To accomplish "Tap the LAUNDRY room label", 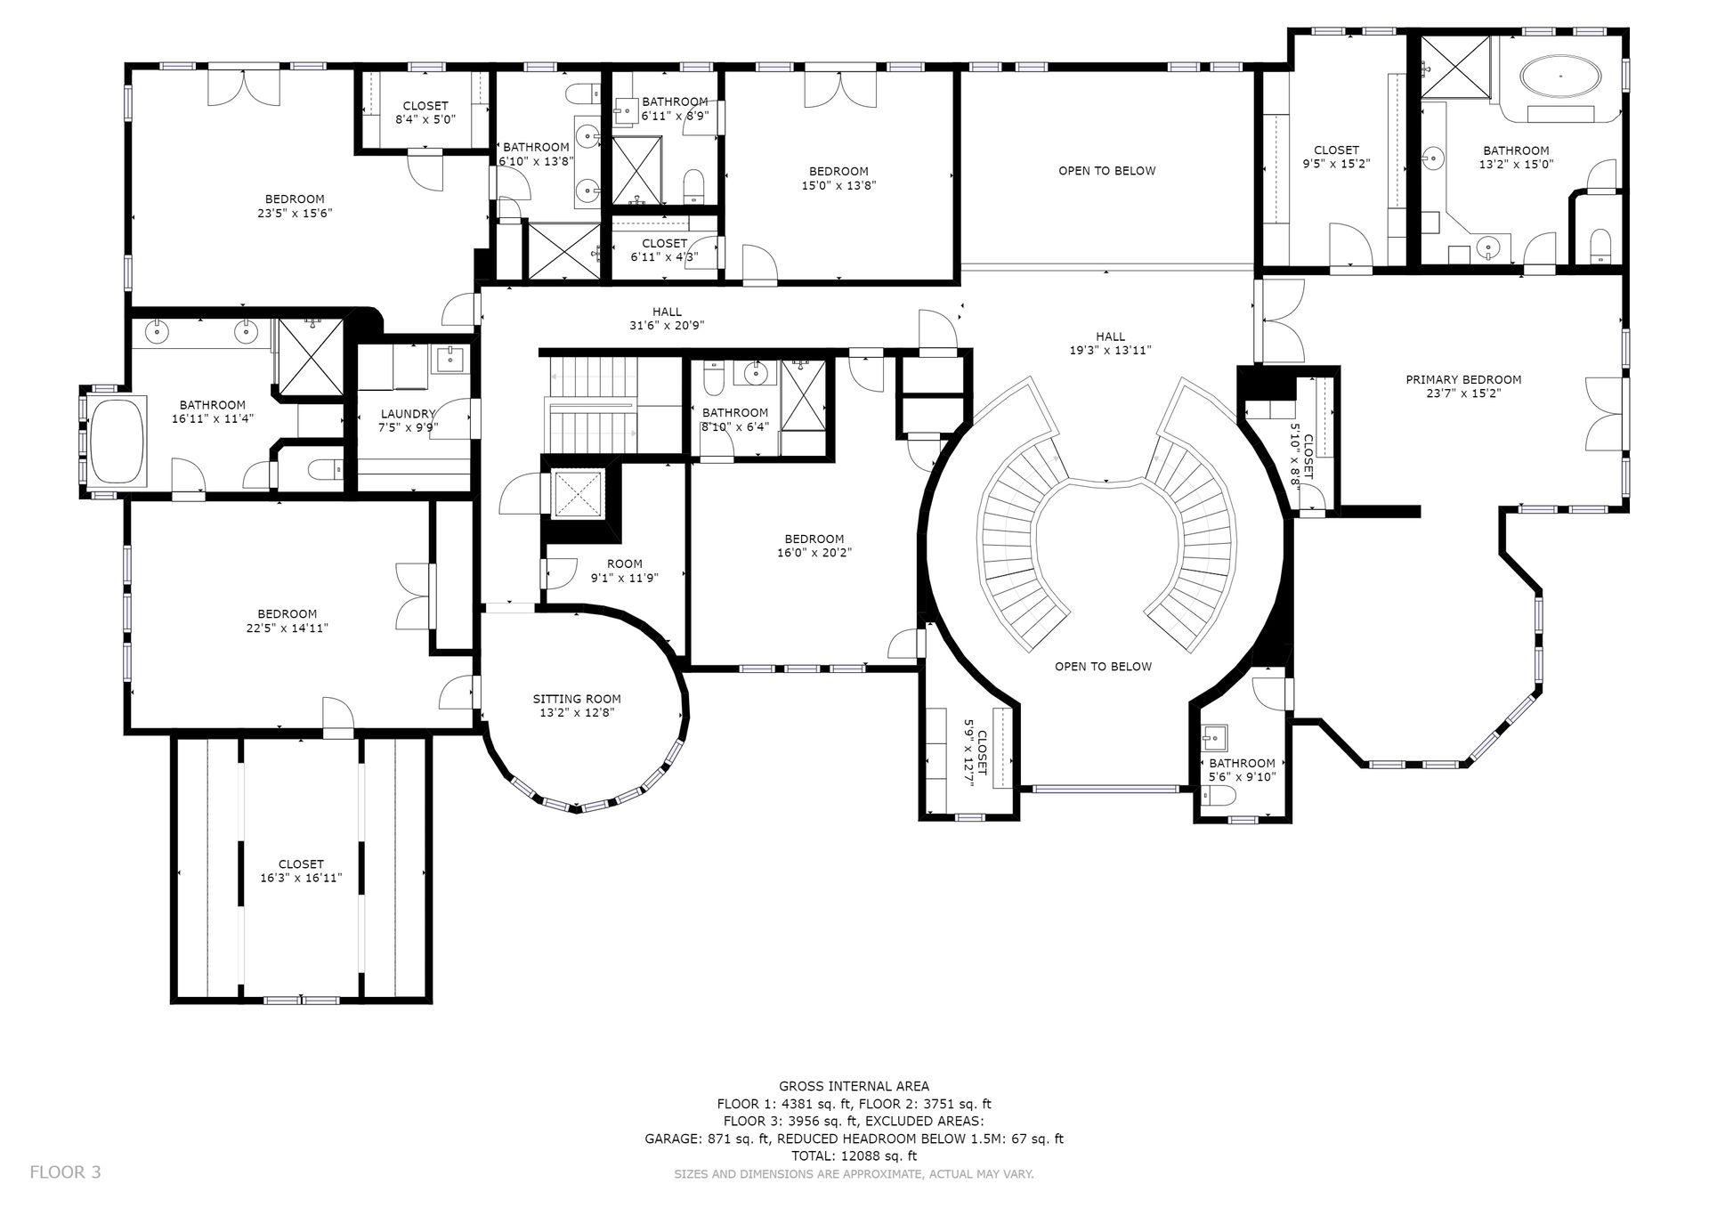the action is pos(408,414).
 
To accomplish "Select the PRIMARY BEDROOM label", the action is pos(1463,379).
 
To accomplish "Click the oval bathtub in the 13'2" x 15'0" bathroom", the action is pos(1560,76).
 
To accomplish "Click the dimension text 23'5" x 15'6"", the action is pos(295,213).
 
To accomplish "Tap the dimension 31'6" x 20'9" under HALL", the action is pos(667,325).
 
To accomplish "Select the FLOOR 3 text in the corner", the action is pos(65,1172).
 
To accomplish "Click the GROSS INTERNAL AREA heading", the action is pos(854,1085).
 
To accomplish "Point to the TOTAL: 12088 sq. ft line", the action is pos(854,1155).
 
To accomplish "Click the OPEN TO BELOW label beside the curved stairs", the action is pos(1103,666).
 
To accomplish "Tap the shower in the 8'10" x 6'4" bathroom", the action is pos(803,394).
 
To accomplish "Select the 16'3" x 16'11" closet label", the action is pos(301,871).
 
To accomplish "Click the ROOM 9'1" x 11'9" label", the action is pos(624,570).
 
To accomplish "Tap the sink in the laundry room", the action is pos(450,360).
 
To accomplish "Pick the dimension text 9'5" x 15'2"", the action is pos(1336,164).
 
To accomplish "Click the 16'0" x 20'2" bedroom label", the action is pos(814,545).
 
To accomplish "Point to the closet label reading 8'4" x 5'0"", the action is pos(425,112).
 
